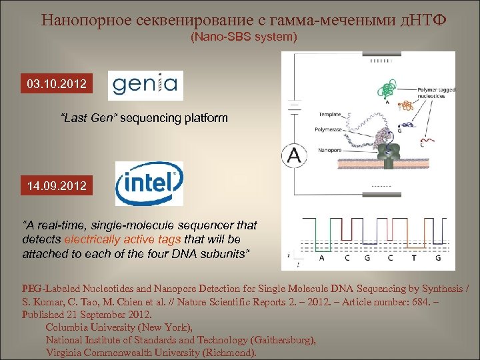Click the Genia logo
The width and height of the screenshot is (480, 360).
145,85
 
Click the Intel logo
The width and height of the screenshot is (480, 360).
149,183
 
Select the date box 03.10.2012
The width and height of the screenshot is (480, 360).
57,85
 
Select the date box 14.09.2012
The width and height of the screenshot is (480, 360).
57,185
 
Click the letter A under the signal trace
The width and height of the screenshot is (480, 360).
323,257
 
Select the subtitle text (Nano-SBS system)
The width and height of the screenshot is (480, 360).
244,37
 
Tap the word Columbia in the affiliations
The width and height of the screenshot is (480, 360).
68,327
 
